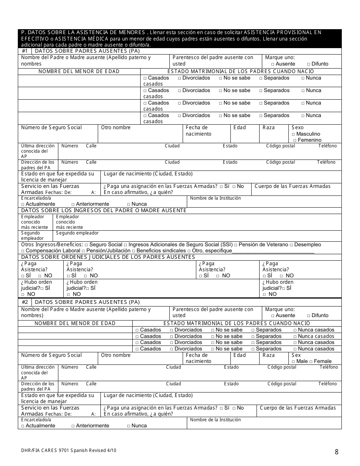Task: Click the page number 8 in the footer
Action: [337, 451]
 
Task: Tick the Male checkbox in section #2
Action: [294, 361]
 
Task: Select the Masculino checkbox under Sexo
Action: [294, 134]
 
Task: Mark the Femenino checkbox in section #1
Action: [295, 140]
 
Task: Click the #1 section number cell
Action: [25, 51]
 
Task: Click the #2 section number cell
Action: [25, 302]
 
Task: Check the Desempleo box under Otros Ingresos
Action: [291, 245]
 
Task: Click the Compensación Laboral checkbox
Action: [23, 251]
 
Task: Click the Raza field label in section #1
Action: [269, 128]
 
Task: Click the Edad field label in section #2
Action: [239, 355]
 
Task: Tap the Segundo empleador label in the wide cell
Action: [77, 233]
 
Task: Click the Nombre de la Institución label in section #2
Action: [215, 419]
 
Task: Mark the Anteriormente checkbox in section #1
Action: [73, 204]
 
